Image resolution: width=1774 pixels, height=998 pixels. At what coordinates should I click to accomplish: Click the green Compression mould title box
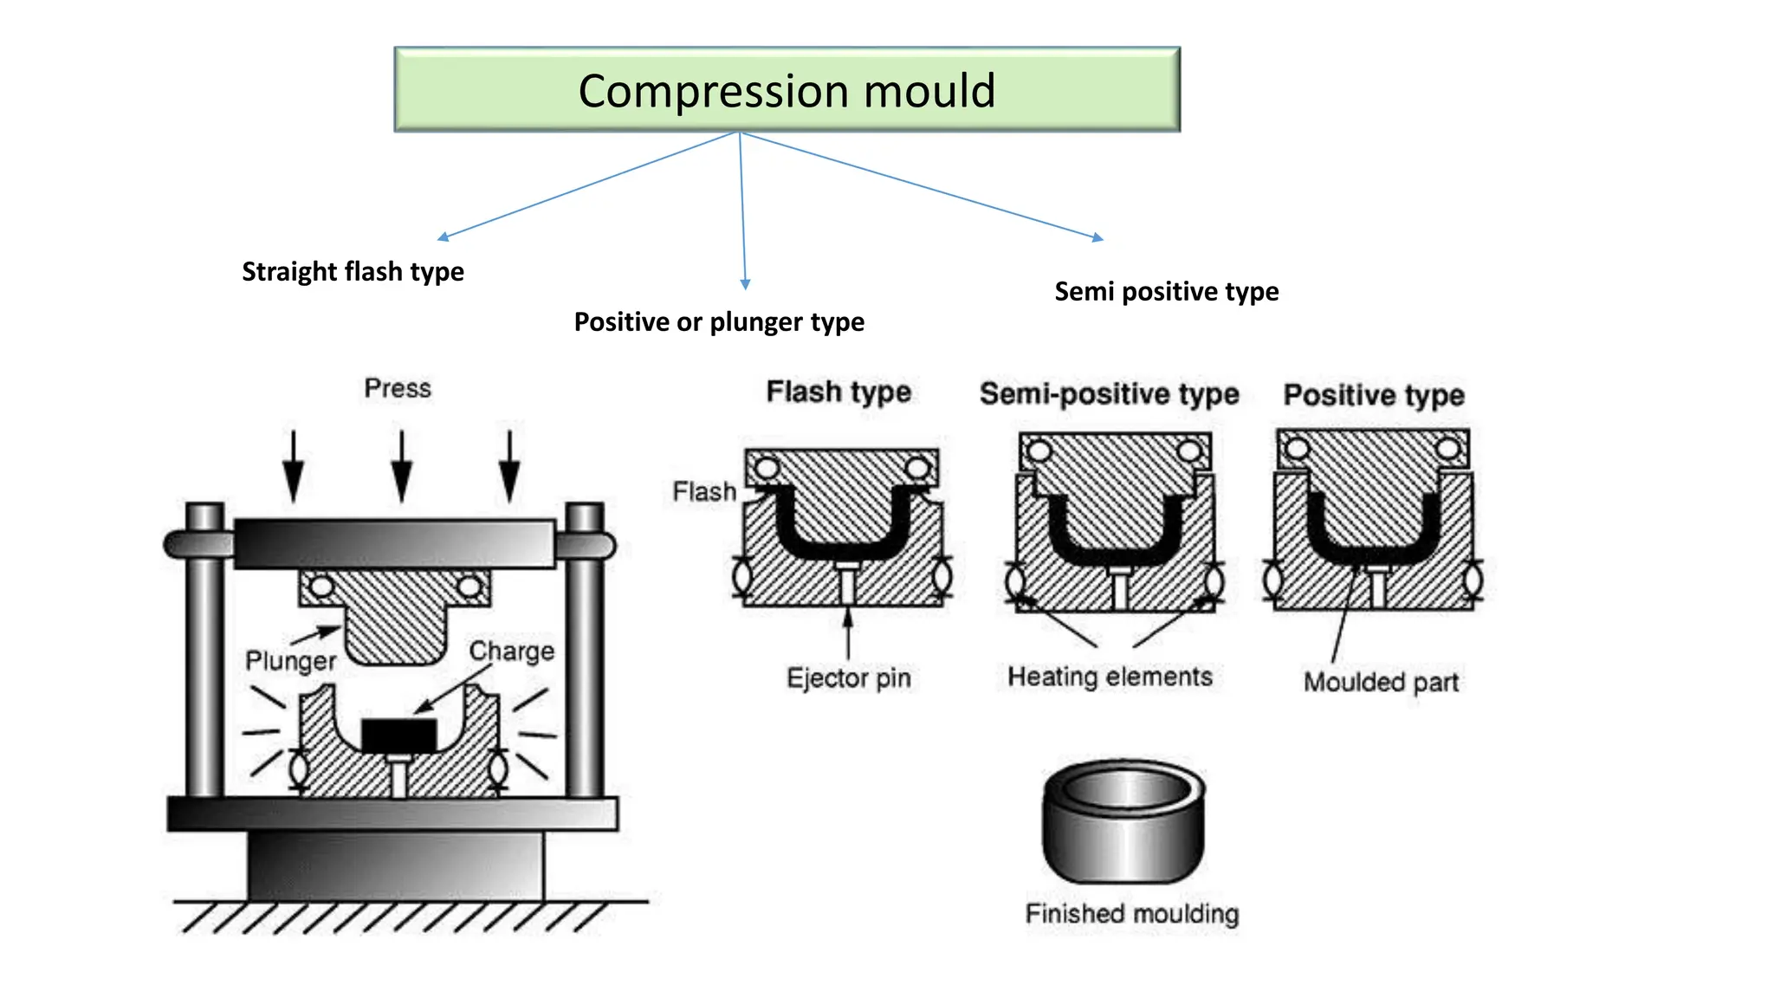click(787, 89)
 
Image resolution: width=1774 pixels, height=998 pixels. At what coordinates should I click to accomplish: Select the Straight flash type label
click(353, 272)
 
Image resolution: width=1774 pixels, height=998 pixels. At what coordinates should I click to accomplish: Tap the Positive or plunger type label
click(719, 322)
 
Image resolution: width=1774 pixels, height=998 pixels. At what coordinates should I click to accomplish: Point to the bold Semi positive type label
click(1167, 292)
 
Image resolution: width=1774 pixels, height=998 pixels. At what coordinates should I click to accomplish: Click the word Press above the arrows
click(398, 388)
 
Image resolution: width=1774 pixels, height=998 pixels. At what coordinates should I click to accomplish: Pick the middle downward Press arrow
click(401, 466)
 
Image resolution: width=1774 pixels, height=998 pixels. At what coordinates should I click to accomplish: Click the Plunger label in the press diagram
click(290, 661)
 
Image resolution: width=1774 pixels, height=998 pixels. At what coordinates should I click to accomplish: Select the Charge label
click(511, 651)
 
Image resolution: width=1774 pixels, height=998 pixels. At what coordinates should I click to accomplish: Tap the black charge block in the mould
click(398, 736)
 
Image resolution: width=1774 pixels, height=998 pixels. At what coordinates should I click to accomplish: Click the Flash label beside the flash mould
click(704, 491)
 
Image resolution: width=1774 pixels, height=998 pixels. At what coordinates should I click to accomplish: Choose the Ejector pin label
click(849, 677)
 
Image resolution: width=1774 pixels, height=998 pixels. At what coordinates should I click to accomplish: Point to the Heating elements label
click(1110, 676)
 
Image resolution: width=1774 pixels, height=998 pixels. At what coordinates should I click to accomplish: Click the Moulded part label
click(1381, 682)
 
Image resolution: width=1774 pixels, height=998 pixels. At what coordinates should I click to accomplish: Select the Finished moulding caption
click(1132, 913)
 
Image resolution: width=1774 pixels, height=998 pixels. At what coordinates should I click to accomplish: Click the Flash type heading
click(838, 392)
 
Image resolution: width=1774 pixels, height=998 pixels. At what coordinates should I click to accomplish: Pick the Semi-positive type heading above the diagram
click(1110, 393)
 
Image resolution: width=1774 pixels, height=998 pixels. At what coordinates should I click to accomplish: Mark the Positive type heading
click(1374, 395)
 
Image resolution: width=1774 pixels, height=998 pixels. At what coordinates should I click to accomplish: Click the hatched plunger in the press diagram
click(395, 616)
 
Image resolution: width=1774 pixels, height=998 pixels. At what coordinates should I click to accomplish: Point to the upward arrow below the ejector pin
click(848, 633)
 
